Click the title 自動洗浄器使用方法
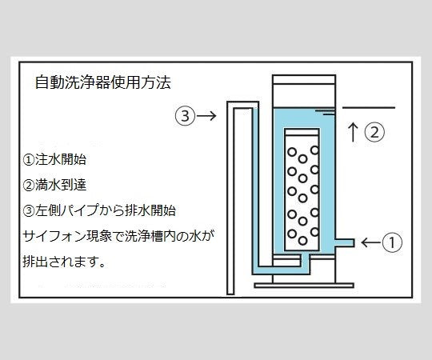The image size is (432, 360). click(x=103, y=82)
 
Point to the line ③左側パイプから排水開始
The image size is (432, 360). click(x=99, y=210)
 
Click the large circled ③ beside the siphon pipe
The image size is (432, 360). click(x=185, y=116)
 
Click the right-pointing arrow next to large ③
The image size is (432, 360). click(x=206, y=116)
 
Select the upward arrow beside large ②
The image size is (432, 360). click(x=353, y=132)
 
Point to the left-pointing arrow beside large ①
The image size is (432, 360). click(x=373, y=241)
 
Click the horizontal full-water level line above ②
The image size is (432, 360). click(x=368, y=106)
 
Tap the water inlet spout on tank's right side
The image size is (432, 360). click(x=346, y=240)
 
